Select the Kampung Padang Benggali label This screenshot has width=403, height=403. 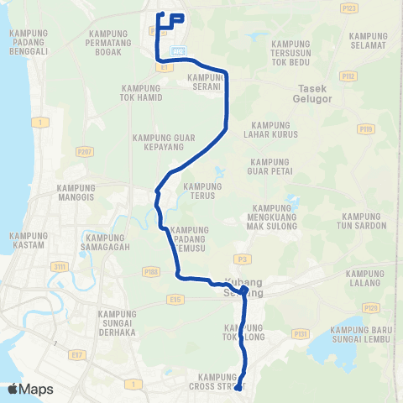click(x=30, y=39)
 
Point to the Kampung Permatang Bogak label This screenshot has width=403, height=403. click(x=112, y=39)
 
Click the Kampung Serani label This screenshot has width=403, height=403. click(x=204, y=81)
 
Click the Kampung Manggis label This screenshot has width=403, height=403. click(x=76, y=192)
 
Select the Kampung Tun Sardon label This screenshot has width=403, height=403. click(x=361, y=221)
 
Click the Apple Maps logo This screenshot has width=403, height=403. click(x=30, y=389)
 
